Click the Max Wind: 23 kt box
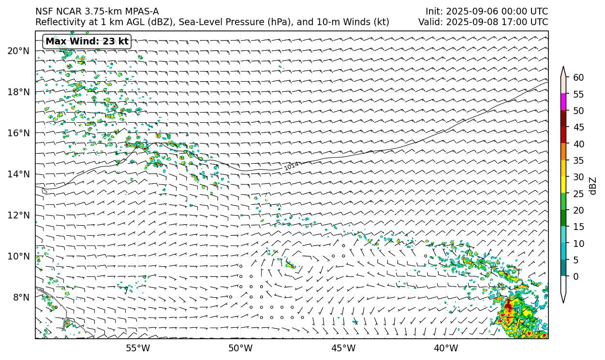point(87,42)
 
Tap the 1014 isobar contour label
point(292,166)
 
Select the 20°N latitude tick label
point(18,51)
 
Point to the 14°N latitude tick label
point(18,174)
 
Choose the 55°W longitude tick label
point(138,348)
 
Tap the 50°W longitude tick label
point(240,348)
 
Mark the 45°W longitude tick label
point(343,348)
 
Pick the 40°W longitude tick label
point(446,348)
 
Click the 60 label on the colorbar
point(578,77)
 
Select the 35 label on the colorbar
point(578,160)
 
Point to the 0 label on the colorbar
point(575,276)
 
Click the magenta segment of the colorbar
point(563,102)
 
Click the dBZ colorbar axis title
point(593,186)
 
